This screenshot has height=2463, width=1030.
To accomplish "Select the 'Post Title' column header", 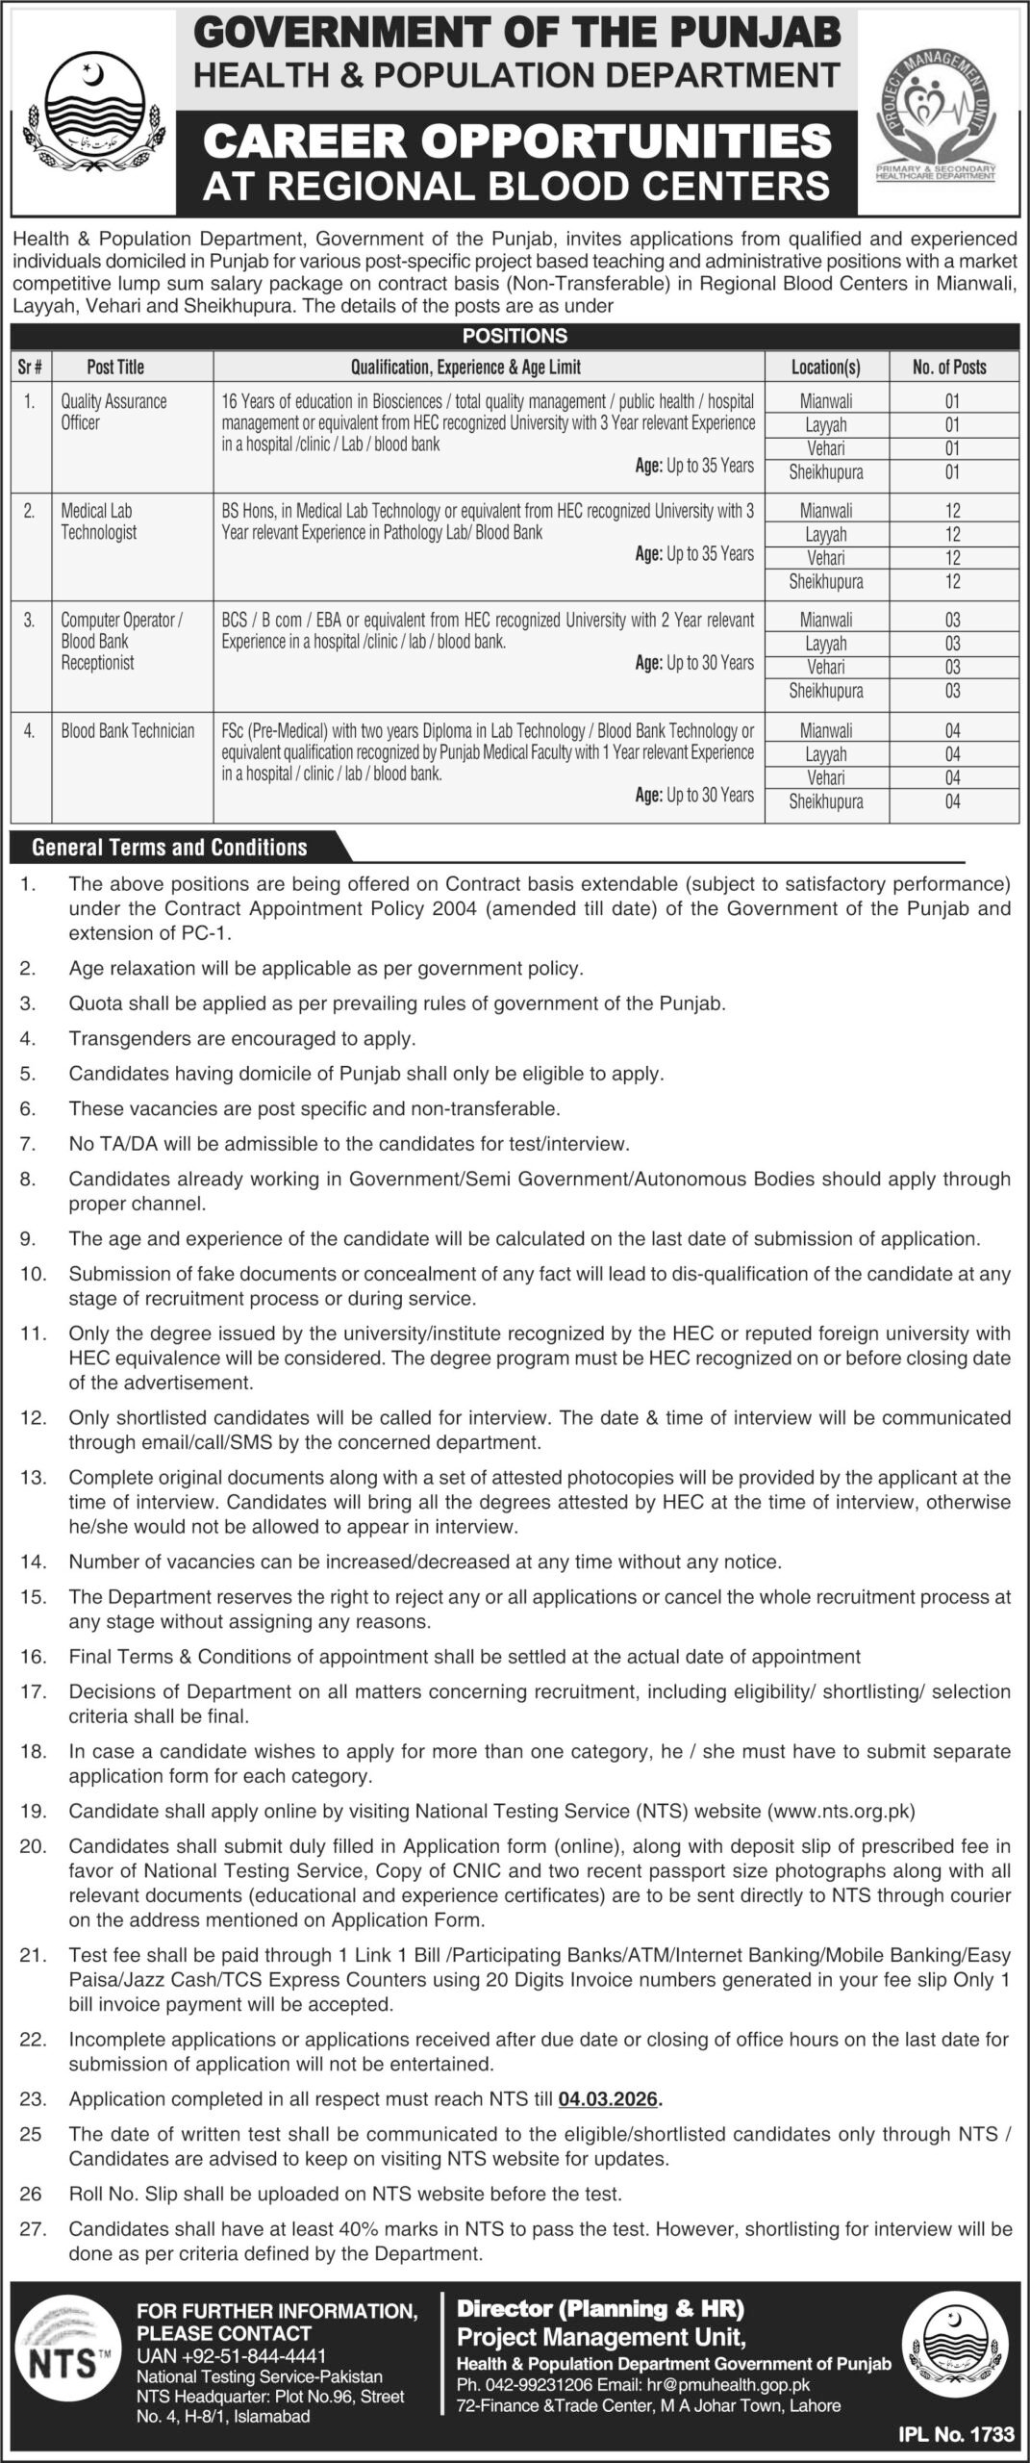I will [115, 367].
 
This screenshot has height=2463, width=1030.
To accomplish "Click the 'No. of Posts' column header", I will [950, 367].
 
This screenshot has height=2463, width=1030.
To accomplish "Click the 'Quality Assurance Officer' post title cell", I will [113, 412].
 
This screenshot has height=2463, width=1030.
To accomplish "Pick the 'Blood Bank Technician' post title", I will [128, 731].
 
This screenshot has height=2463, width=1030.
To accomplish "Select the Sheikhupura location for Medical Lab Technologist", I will [825, 582].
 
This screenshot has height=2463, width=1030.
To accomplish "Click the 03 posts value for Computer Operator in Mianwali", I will [952, 621].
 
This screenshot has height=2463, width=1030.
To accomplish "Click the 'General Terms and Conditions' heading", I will [169, 848].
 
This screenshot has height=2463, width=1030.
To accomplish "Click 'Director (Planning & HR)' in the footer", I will [600, 2309].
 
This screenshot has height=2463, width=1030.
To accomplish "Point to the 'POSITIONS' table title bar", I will [515, 336].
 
